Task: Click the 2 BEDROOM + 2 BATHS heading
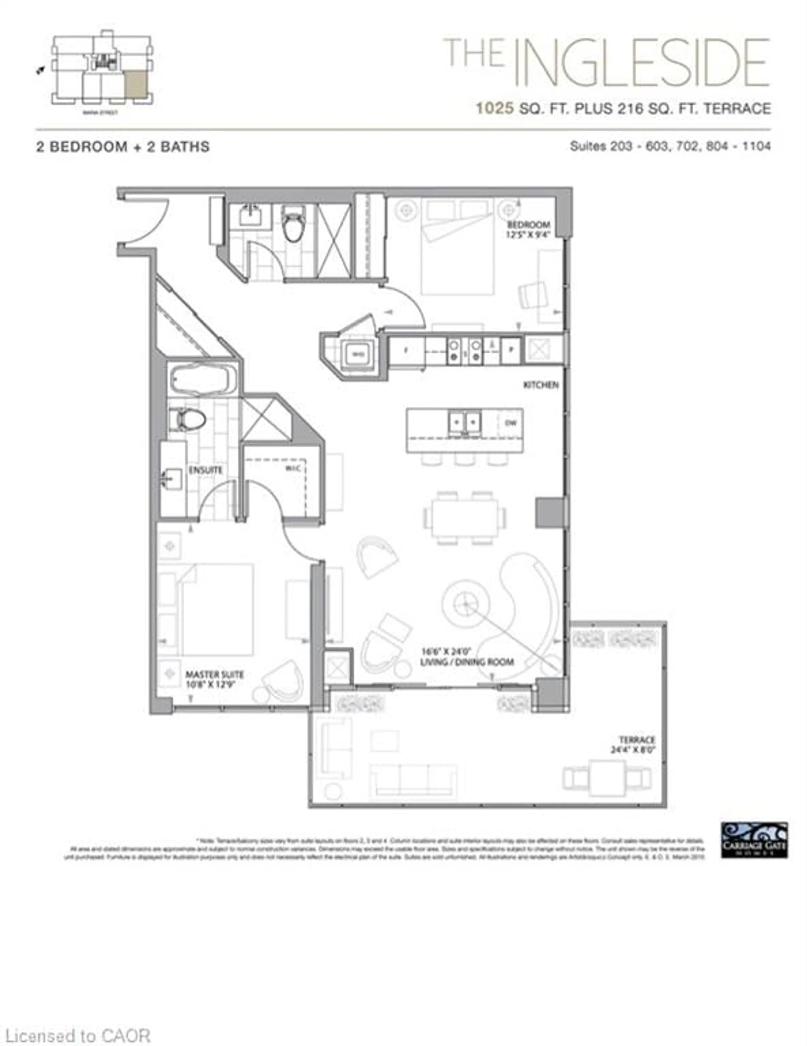(123, 147)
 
